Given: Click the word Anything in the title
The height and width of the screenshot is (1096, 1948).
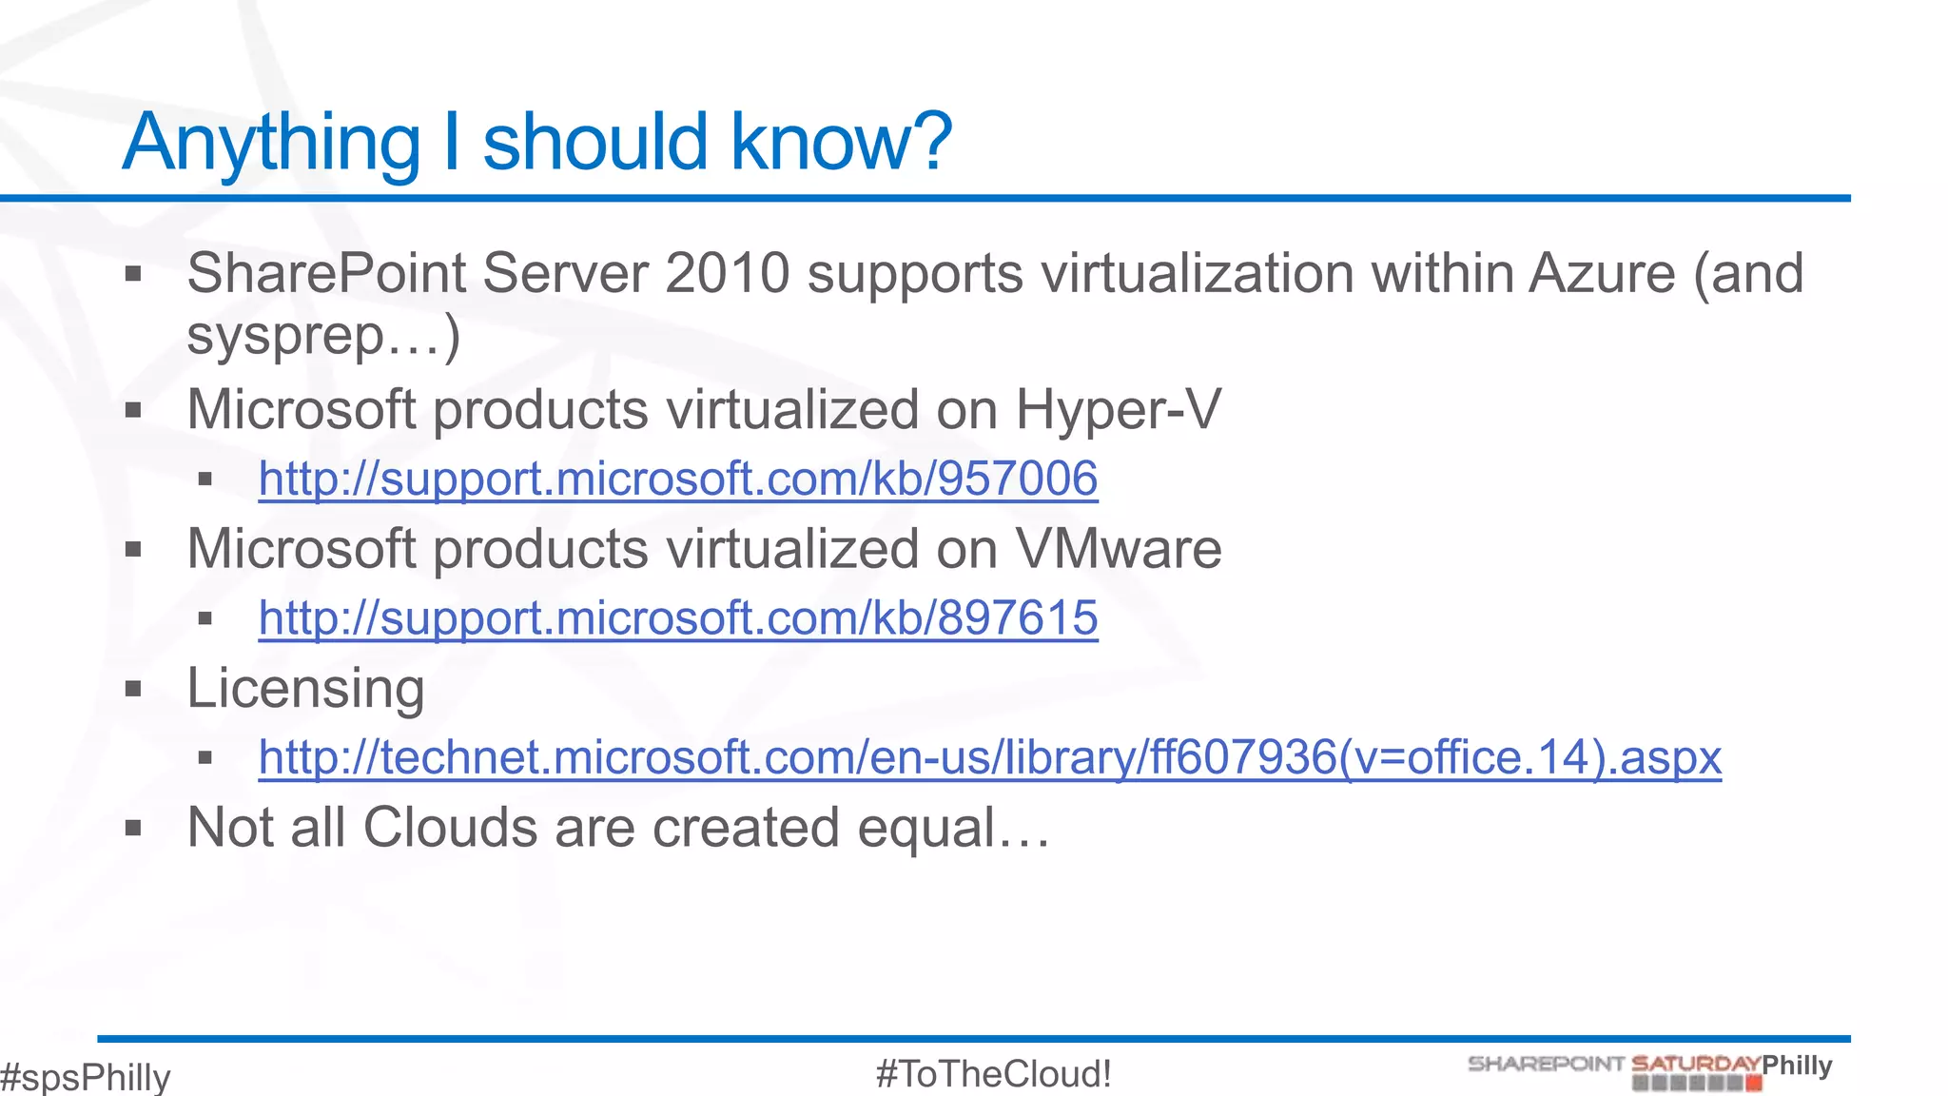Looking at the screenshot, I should coord(271,143).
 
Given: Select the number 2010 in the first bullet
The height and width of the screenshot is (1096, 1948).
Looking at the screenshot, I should coord(727,274).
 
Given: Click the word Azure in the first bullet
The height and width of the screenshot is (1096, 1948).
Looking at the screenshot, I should coord(1602,274).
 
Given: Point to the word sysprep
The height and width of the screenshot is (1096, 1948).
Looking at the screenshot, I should coord(285,337).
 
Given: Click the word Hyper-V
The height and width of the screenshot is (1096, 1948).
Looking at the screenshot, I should coord(1118,410).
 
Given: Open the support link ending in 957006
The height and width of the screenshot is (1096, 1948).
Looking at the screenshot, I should coord(677,479).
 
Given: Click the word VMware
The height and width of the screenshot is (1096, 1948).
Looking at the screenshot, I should coord(1118,549).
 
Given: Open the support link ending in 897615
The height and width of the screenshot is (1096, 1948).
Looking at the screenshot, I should coord(677,618).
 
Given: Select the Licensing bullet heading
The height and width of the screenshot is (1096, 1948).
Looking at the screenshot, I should coord(305,689).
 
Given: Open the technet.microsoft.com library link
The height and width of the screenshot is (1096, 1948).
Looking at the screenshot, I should coord(989,758).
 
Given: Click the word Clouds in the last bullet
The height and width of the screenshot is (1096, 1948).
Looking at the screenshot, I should coord(450,828).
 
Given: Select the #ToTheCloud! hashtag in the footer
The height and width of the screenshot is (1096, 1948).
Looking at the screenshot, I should coord(993,1074).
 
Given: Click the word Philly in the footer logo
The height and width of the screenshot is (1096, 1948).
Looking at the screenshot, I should coord(1797,1065).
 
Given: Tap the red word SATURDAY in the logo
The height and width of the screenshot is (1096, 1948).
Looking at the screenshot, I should coord(1695,1064).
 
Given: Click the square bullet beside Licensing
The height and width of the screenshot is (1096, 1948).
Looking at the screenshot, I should coord(133,689).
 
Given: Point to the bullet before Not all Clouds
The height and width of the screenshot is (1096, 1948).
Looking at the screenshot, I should coord(133,829).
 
